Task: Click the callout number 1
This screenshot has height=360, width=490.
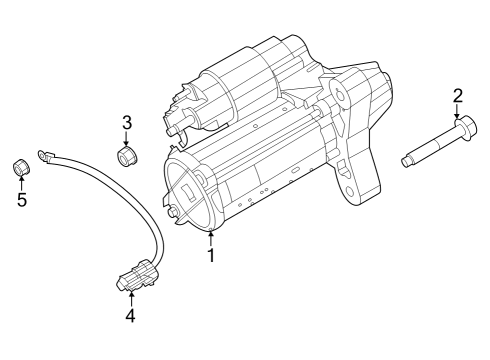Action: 211,257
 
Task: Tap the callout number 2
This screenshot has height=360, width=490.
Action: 457,96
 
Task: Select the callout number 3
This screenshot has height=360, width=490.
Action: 127,123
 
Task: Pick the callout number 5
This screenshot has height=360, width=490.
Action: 21,199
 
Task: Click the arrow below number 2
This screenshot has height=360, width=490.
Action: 457,112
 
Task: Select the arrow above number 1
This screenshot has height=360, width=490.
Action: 211,238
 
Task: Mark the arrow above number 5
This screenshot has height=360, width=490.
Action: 21,181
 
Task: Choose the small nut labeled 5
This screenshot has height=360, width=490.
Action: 20,165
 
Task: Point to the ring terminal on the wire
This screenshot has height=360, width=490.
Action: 43,154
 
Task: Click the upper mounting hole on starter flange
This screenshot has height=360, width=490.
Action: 344,95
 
